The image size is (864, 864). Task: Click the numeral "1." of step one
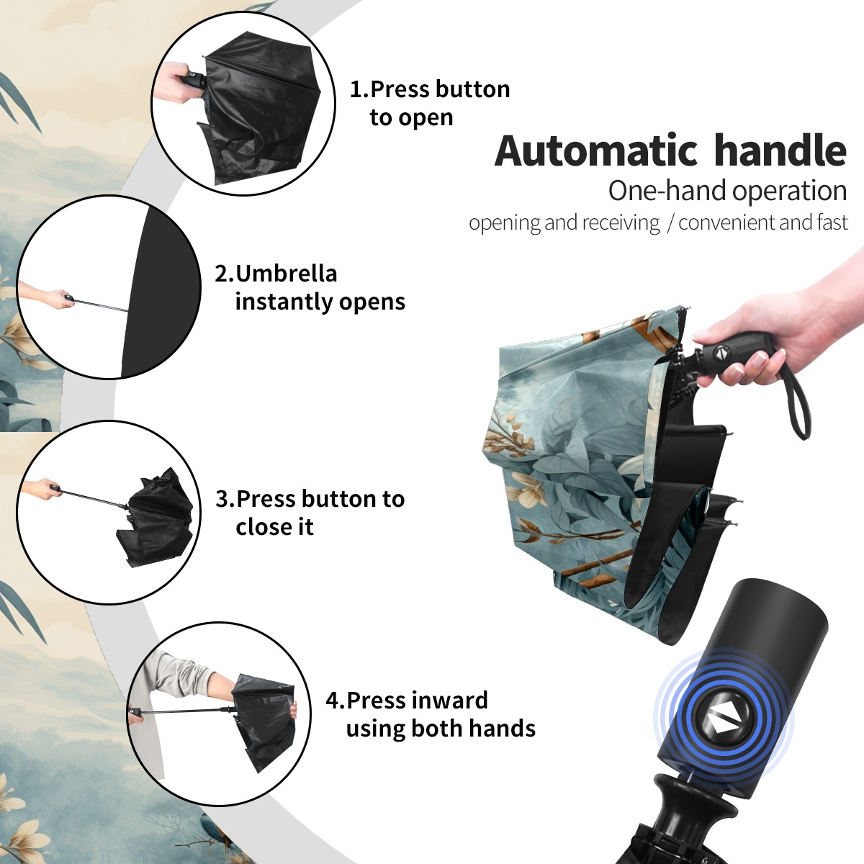(x=359, y=89)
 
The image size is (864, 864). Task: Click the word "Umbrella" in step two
(x=286, y=274)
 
